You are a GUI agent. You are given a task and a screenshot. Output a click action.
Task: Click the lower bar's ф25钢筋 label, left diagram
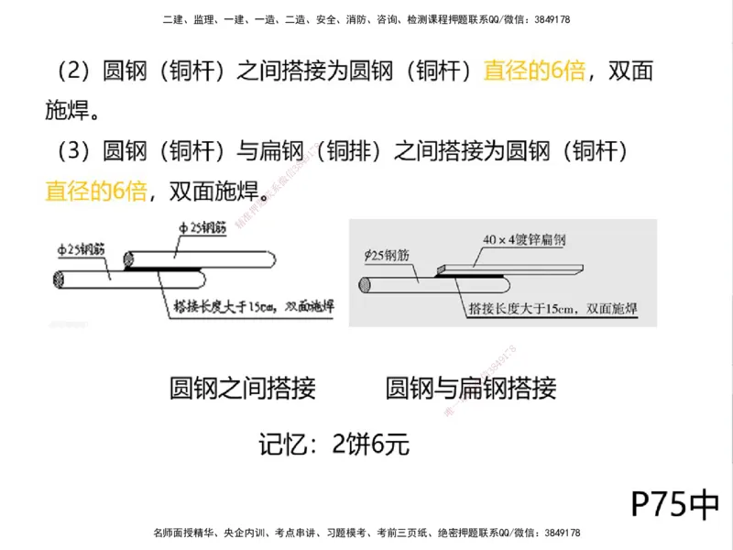click(x=82, y=248)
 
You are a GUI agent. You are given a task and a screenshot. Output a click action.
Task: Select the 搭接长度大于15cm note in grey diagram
click(x=548, y=310)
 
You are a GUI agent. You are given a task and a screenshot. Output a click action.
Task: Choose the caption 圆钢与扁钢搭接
click(x=471, y=389)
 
